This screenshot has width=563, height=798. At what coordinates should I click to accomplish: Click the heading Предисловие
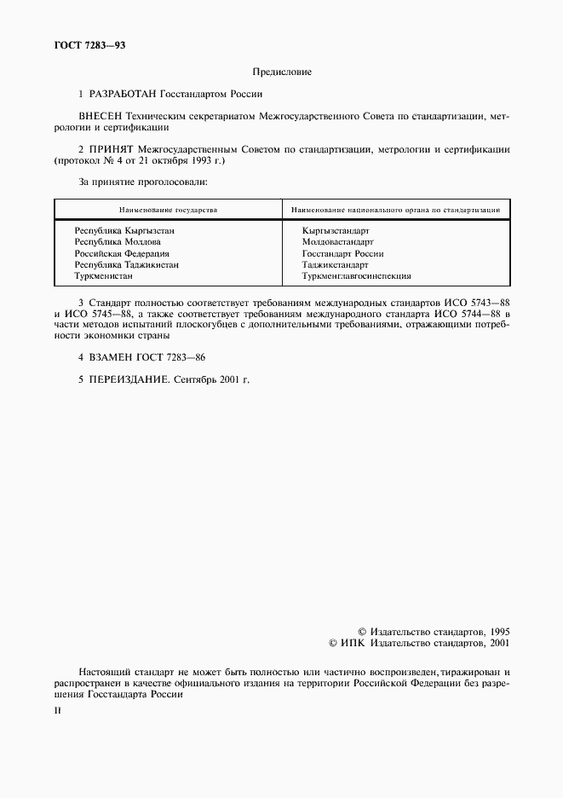tap(282, 72)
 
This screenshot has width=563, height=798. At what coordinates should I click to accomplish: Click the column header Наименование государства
tap(168, 209)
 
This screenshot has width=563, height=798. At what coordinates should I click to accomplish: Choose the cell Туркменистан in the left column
tap(103, 275)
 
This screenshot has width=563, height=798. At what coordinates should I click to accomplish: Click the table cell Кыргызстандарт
tap(335, 231)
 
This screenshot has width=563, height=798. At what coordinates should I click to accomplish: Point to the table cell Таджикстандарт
tap(335, 264)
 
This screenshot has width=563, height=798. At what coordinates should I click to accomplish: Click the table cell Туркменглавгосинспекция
tap(356, 275)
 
